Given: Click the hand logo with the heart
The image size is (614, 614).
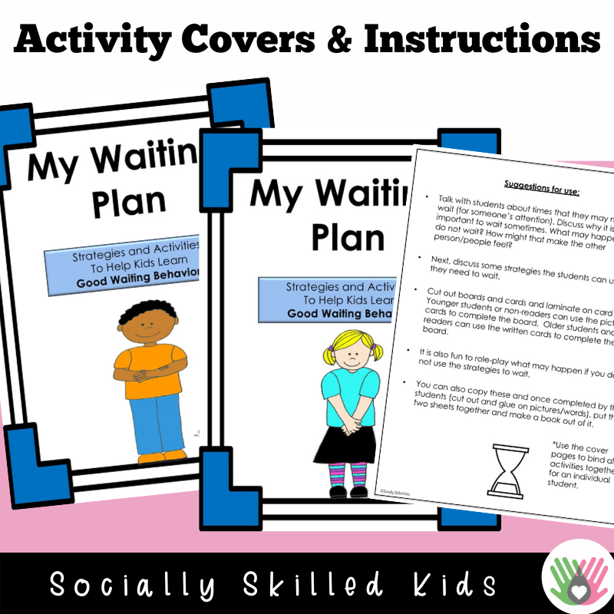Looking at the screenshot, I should click(575, 582).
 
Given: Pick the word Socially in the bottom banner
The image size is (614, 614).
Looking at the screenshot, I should click(135, 584).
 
